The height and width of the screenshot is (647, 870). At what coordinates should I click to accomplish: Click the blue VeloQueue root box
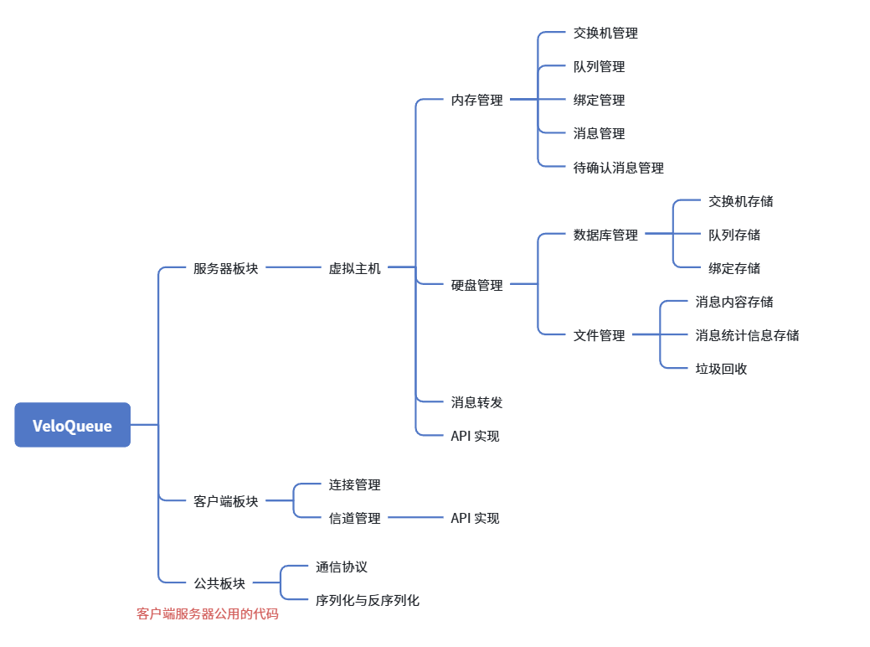(72, 425)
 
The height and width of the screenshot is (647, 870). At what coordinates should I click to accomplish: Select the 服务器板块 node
(225, 268)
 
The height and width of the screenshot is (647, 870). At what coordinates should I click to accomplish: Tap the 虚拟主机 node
(354, 268)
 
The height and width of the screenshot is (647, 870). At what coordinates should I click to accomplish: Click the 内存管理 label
(476, 100)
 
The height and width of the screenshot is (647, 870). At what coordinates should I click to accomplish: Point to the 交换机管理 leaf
(605, 34)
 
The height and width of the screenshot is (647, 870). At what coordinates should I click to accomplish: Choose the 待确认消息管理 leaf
(618, 168)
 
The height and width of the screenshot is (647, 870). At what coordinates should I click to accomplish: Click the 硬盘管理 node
(476, 285)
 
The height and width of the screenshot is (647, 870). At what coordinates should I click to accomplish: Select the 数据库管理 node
(605, 235)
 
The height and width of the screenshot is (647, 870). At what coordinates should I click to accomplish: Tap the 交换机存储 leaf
(740, 201)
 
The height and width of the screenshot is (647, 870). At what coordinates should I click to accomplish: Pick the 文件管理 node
(599, 335)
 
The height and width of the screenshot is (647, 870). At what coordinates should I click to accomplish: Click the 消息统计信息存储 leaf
(747, 335)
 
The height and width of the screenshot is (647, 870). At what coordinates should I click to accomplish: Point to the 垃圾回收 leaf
(721, 368)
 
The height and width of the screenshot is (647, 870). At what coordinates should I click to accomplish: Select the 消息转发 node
(476, 402)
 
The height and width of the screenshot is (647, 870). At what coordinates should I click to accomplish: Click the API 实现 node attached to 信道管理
(475, 518)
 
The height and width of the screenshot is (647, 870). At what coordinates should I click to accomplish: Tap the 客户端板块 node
(225, 501)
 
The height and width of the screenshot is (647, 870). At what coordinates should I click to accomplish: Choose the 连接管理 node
(354, 484)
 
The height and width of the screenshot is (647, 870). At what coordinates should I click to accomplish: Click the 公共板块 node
(219, 583)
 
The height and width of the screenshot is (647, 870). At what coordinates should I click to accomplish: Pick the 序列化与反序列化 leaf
(368, 600)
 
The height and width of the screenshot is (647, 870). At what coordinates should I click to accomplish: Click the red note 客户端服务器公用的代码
(207, 614)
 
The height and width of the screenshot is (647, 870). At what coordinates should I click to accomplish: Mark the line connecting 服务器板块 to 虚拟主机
(293, 267)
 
